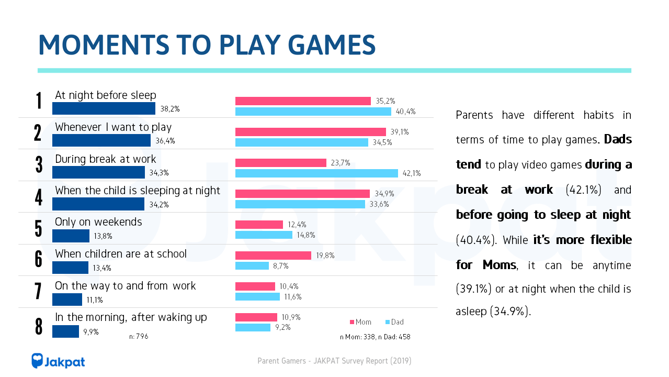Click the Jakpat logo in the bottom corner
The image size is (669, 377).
(x=58, y=361)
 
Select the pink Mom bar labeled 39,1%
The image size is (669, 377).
(x=310, y=132)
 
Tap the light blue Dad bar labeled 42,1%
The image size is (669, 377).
(x=316, y=173)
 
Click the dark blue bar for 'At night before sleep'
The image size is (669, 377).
(x=104, y=108)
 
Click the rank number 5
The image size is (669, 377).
(x=38, y=228)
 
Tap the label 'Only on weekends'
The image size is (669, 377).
(x=98, y=222)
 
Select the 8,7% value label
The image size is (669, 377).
(x=280, y=266)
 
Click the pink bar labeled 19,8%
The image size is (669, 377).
(x=273, y=256)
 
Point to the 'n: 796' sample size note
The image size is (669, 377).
(x=139, y=337)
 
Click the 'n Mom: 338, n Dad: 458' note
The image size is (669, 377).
(x=375, y=337)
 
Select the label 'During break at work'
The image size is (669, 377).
(x=105, y=159)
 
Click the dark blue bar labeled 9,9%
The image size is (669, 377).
(x=65, y=331)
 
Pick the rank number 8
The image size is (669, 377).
(x=38, y=326)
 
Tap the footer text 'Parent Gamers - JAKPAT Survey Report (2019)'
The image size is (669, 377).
(x=334, y=361)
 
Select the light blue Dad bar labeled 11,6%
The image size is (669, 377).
(x=257, y=297)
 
